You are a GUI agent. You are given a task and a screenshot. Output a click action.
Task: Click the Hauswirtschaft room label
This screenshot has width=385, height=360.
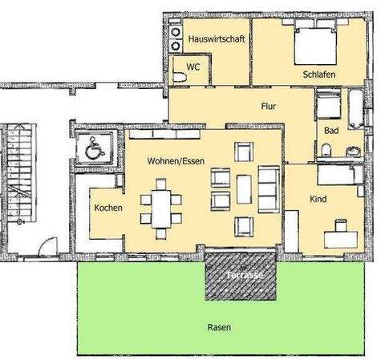(x=217, y=38)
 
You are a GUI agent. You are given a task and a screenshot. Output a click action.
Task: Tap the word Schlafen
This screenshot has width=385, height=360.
(x=319, y=75)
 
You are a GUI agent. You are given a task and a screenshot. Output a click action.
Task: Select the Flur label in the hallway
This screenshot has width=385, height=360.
(x=269, y=106)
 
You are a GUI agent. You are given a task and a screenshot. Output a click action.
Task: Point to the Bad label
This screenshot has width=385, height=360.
(x=331, y=131)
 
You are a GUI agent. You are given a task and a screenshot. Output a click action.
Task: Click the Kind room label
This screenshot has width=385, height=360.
(x=318, y=198)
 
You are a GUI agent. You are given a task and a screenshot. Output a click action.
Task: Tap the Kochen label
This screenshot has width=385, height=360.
(x=108, y=208)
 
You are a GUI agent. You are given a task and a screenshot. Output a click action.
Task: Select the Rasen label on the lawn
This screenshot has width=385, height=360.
(x=218, y=327)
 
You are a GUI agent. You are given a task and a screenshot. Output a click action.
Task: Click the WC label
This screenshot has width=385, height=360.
(x=193, y=67)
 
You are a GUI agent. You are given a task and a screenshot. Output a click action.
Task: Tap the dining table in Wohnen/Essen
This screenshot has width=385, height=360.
(x=162, y=207)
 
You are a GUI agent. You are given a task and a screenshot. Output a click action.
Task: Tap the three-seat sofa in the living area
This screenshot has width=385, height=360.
(x=268, y=191)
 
